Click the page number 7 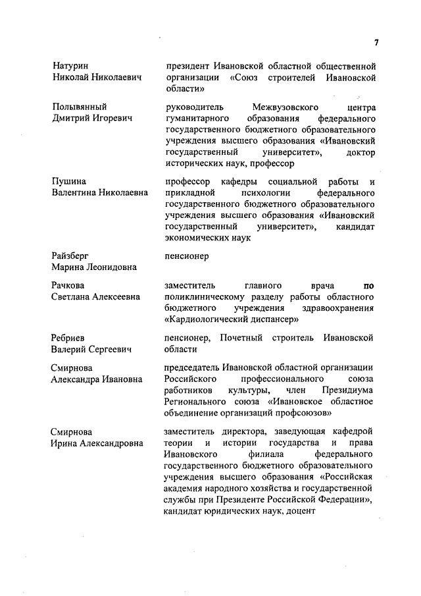376,43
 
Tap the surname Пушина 68,181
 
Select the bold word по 369,285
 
